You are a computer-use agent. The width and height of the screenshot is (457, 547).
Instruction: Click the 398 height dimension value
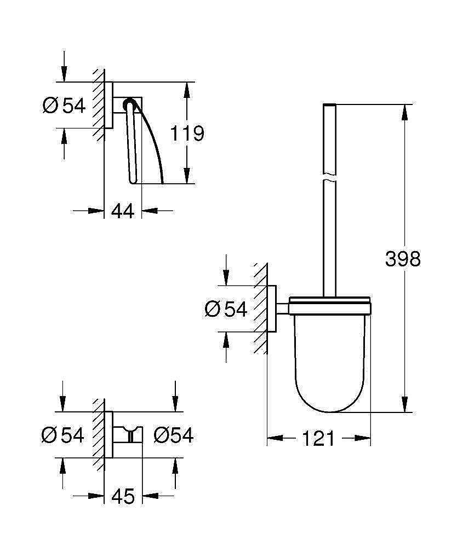click(402, 258)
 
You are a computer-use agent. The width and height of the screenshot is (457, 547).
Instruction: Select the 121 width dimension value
click(318, 438)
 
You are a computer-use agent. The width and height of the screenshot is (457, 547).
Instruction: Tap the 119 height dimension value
click(187, 133)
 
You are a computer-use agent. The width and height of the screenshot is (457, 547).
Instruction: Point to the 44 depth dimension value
click(123, 211)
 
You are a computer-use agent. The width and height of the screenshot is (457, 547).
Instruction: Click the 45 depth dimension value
click(123, 496)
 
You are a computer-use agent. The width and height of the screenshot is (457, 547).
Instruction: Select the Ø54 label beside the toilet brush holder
click(226, 310)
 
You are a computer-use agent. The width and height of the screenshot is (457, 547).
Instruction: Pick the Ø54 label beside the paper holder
click(64, 105)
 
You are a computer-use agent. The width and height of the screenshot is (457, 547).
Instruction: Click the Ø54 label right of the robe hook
click(174, 435)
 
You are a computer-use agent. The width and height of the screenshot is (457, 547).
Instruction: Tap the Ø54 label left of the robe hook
click(63, 435)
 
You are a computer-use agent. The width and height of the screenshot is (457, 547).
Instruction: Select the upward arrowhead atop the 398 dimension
click(405, 112)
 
